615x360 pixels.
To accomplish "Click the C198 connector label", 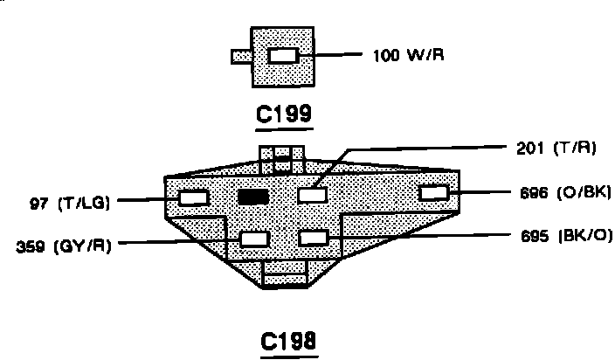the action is pos(290,340).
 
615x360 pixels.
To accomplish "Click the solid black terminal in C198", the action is pos(252,197).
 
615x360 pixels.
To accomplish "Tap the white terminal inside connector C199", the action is pos(283,56).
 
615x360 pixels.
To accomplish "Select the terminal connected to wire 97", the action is pos(193,197).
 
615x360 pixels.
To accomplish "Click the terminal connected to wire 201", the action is pos(312,195).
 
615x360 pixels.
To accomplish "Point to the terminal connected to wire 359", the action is pos(255,238).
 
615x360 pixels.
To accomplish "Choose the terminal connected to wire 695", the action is pos(313,237).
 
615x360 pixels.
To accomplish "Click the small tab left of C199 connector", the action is pos(241,57).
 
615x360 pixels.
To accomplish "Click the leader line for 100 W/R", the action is pos(336,56).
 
